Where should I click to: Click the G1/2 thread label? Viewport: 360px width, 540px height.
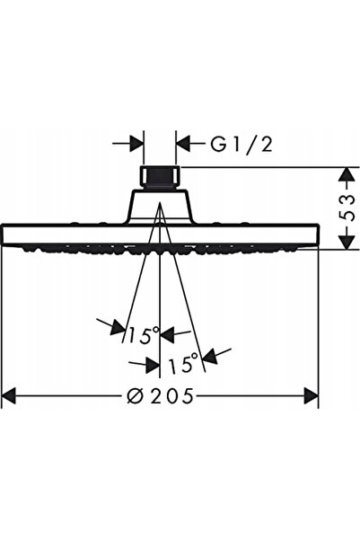point(241,144)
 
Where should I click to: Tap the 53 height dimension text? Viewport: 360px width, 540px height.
point(346,208)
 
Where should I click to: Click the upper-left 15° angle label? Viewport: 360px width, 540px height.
point(144,335)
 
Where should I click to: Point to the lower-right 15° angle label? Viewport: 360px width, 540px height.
point(183,364)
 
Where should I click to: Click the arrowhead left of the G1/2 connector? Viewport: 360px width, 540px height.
point(136,144)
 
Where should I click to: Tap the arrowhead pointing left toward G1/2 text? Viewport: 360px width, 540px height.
point(183,144)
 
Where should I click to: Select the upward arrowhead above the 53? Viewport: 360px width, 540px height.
point(346,174)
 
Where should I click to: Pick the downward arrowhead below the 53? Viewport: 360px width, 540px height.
point(346,241)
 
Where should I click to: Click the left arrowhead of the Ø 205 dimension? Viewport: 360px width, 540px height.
point(9,395)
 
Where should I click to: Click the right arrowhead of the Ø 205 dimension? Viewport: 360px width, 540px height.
point(312,395)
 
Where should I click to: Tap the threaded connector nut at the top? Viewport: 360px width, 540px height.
point(160,177)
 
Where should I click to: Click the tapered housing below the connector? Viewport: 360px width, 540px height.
point(160,207)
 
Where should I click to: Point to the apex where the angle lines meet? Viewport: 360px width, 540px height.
point(160,203)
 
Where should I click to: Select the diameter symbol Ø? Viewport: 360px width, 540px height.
point(135,395)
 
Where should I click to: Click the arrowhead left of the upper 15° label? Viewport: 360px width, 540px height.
point(118,328)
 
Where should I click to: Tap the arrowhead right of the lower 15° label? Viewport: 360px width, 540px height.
point(211,356)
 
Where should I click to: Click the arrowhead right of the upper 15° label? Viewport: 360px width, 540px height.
point(168,335)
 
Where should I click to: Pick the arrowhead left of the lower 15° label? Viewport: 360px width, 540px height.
point(153,365)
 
